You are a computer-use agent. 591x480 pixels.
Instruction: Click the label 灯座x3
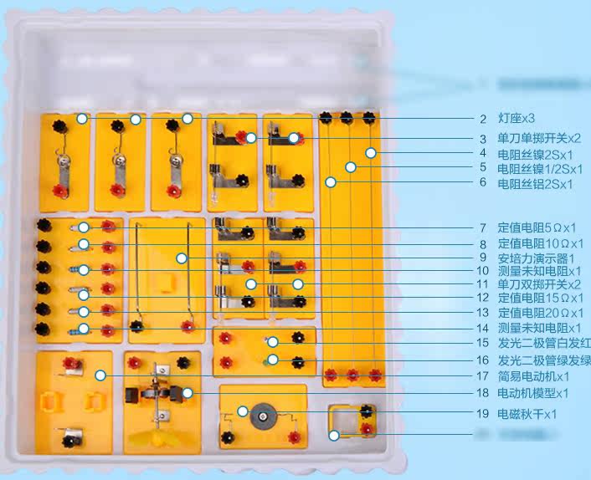pos(511,119)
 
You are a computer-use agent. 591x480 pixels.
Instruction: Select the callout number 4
pos(483,154)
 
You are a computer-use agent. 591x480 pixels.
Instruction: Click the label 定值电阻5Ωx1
pos(537,227)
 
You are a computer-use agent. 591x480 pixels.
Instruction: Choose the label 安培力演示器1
pos(536,258)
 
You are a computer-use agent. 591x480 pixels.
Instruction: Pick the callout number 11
pos(483,284)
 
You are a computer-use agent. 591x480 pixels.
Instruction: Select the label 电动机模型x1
pos(533,392)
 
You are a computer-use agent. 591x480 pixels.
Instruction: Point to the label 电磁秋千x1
pos(527,414)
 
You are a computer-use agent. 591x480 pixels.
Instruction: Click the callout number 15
pos(483,343)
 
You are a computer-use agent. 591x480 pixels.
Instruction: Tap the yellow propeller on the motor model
pos(158,437)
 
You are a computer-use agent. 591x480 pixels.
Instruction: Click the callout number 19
pos(483,414)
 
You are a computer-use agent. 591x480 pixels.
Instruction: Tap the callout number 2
pos(483,119)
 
